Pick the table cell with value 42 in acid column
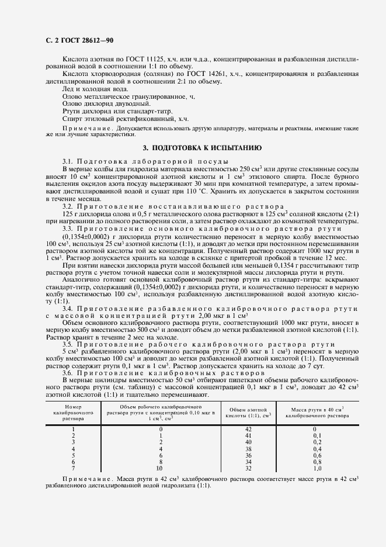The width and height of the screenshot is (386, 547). coord(248,430)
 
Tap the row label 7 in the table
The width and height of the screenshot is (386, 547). coord(74,468)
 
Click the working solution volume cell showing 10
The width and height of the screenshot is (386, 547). coord(159,468)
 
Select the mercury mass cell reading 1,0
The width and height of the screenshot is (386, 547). coord(317,468)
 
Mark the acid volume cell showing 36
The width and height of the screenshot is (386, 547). coord(248,455)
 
